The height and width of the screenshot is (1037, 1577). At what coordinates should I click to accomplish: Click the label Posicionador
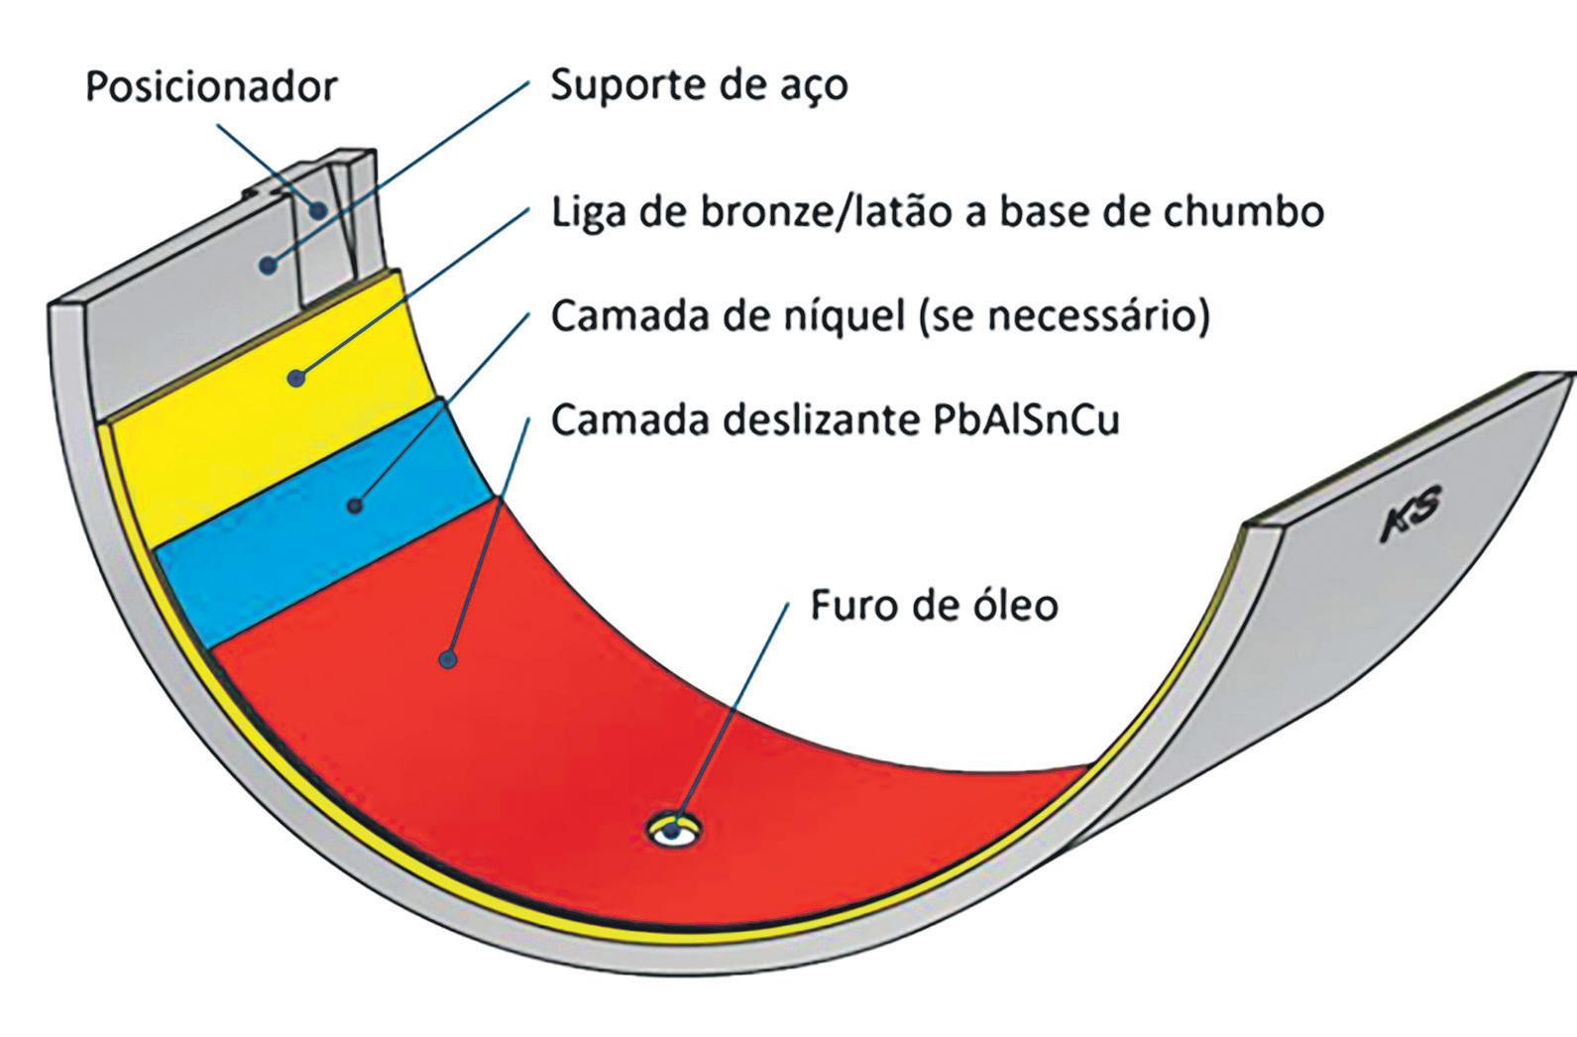[211, 86]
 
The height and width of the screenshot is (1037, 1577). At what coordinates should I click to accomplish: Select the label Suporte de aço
[699, 85]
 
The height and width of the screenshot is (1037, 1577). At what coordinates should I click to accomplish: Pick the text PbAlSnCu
[1027, 419]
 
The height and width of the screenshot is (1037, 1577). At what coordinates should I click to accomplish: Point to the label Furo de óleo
[934, 604]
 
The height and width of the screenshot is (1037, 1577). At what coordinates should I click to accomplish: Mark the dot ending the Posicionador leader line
[318, 209]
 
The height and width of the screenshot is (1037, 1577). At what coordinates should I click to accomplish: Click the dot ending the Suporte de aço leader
[267, 263]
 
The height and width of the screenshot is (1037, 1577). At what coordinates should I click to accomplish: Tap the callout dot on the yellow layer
[296, 377]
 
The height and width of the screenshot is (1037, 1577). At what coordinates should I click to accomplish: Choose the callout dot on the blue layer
[355, 506]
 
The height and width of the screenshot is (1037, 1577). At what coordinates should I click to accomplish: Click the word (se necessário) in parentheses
[1066, 317]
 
